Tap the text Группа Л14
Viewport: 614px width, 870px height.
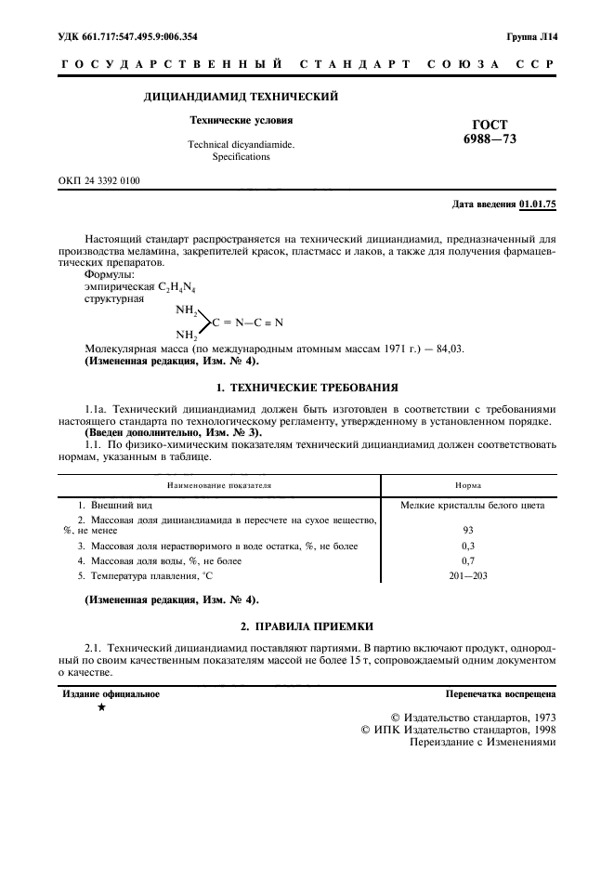[x=531, y=37]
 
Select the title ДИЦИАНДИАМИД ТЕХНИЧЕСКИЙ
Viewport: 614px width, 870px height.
[x=241, y=97]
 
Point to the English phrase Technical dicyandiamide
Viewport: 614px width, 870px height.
[x=241, y=145]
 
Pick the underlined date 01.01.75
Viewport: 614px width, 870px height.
[x=538, y=204]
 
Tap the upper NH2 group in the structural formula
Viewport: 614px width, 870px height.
[x=188, y=310]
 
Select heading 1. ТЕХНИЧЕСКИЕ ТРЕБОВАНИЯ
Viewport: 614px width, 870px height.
[x=307, y=386]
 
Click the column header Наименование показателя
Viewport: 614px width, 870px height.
[x=219, y=485]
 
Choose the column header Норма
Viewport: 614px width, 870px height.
[x=468, y=485]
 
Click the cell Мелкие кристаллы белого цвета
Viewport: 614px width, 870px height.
[x=472, y=506]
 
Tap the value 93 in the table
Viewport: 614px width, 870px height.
[x=468, y=529]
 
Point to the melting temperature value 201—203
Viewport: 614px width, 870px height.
[x=468, y=575]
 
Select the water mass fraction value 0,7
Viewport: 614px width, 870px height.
[x=468, y=560]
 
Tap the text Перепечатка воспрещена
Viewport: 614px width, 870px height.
[x=501, y=693]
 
